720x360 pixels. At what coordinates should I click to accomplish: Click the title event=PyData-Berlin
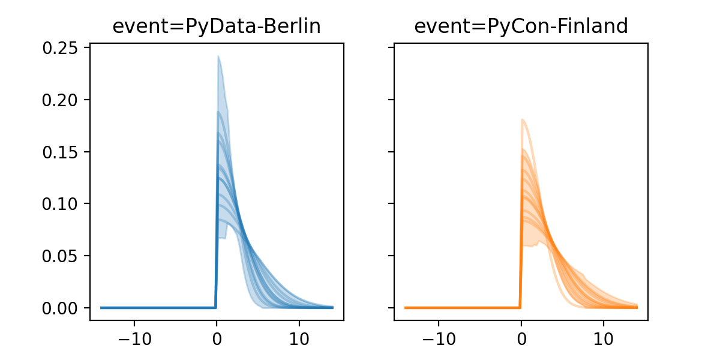(217, 26)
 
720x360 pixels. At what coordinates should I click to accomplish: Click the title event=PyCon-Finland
(521, 26)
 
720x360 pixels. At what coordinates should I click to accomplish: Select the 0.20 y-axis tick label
(62, 100)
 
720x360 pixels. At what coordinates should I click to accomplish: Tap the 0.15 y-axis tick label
(62, 152)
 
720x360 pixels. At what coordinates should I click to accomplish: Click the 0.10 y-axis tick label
(62, 204)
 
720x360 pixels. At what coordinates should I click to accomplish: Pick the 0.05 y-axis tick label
(62, 256)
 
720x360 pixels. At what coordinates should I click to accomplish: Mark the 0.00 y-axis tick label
(62, 308)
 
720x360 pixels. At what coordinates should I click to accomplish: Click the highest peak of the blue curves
(218, 56)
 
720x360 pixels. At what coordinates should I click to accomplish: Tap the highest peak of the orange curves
(523, 119)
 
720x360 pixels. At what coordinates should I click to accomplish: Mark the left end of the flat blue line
(101, 308)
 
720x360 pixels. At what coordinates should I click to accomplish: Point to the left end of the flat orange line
(406, 308)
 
